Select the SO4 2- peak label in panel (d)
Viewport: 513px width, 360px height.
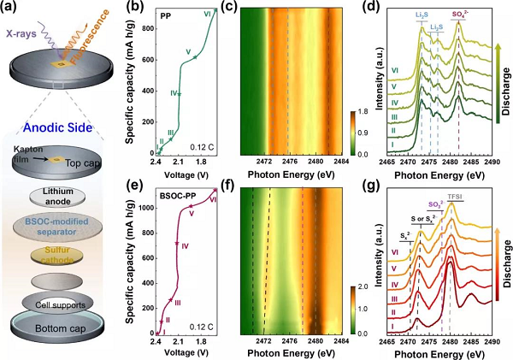(458, 15)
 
